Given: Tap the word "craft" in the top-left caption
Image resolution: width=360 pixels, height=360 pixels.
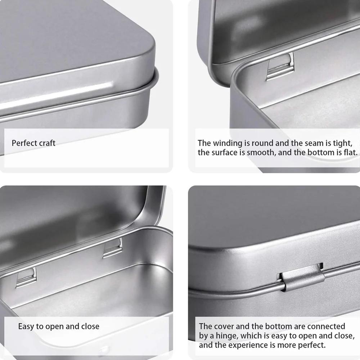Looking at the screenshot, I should [x=47, y=143].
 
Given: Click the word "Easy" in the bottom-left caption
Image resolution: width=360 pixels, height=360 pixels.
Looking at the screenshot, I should [x=26, y=327].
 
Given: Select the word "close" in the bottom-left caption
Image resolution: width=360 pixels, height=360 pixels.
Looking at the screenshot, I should [x=90, y=327].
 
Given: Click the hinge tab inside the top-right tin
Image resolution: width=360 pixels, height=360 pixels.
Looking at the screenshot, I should [x=280, y=67].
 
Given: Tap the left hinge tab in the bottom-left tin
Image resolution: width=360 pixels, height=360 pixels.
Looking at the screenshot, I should [x=26, y=277].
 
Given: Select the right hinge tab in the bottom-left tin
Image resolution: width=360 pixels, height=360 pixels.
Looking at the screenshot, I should [x=112, y=248].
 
